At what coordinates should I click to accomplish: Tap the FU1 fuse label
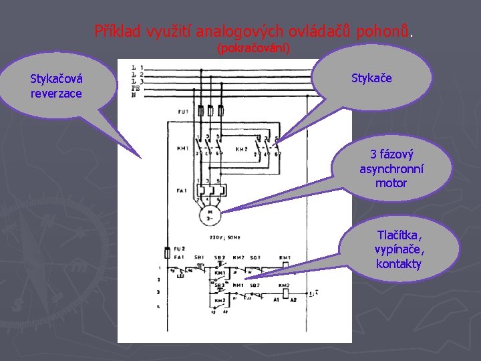(183, 111)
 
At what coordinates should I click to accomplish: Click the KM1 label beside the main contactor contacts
(183, 148)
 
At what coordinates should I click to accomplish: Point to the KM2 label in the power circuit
(242, 149)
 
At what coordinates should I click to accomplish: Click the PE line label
(136, 88)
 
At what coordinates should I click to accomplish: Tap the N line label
(134, 95)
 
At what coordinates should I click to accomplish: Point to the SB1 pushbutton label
(199, 257)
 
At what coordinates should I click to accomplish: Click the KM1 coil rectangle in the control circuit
(285, 265)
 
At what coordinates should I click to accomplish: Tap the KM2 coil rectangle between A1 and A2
(285, 291)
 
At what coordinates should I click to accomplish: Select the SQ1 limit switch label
(255, 257)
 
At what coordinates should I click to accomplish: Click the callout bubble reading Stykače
(371, 78)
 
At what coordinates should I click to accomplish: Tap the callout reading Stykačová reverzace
(56, 86)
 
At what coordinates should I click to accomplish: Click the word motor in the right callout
(391, 183)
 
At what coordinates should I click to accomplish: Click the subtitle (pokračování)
(253, 49)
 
